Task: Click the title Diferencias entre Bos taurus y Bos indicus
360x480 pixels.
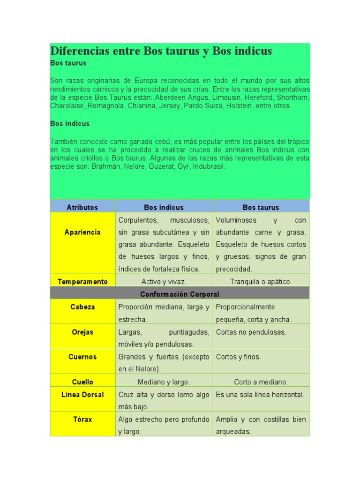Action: coord(161,51)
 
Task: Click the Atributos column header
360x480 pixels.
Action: coord(82,207)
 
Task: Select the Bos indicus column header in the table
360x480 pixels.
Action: coord(164,207)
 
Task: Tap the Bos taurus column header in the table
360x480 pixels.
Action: coord(261,207)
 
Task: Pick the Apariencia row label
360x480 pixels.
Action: coord(82,232)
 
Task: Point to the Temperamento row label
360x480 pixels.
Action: coord(82,282)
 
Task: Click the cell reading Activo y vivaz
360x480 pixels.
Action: coord(164,282)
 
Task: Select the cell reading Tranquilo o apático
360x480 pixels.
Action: coord(261,282)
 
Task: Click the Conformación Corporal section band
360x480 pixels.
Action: coord(180,294)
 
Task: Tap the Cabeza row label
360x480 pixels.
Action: coord(82,307)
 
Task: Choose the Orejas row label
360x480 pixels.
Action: coord(82,332)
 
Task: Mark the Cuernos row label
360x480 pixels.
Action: coord(82,357)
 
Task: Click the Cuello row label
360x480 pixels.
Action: coord(82,382)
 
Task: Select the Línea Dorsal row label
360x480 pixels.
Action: coord(82,395)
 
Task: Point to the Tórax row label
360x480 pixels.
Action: coord(82,420)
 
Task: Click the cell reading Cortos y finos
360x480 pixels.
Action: coord(238,357)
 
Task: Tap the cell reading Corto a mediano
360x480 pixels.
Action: coord(261,382)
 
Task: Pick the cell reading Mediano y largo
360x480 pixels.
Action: coord(164,382)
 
